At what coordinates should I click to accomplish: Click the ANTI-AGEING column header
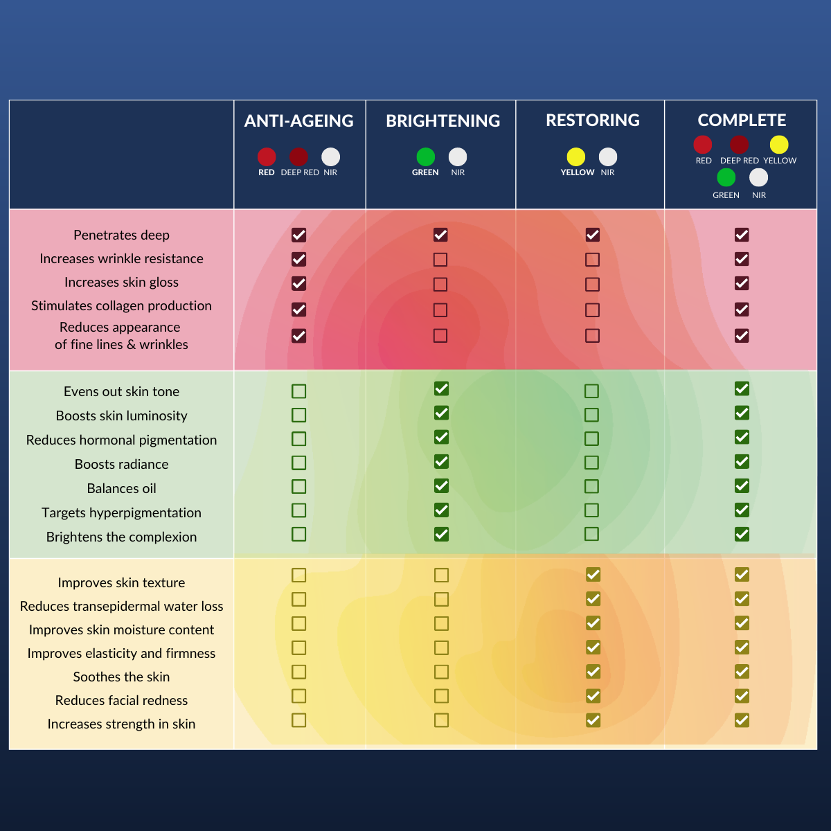(x=299, y=121)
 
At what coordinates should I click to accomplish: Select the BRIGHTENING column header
(x=443, y=121)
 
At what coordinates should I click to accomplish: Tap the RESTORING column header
(x=592, y=120)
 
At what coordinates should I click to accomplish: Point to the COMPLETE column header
(x=742, y=120)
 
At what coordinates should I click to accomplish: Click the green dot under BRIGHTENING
(x=426, y=157)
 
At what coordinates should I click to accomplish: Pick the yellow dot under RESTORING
(x=576, y=157)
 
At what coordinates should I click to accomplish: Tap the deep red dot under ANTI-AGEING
(x=298, y=157)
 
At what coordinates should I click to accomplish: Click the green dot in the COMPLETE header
(x=726, y=178)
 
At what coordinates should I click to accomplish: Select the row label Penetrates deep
(x=121, y=235)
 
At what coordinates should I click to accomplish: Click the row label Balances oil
(x=121, y=489)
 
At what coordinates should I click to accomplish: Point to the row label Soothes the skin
(x=121, y=677)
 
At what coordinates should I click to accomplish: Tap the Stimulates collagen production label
(x=121, y=306)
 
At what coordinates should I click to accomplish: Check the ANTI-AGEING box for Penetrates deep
(x=298, y=235)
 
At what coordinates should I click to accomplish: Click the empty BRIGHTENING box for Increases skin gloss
(x=440, y=284)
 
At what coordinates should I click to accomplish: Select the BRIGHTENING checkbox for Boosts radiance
(x=441, y=461)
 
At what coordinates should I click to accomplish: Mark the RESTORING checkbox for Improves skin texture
(x=593, y=575)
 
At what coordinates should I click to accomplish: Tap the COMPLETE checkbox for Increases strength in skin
(x=742, y=720)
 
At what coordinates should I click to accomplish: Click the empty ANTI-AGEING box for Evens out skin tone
(x=298, y=391)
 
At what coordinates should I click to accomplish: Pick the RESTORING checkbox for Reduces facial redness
(x=593, y=696)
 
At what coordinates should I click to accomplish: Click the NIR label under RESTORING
(x=607, y=172)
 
